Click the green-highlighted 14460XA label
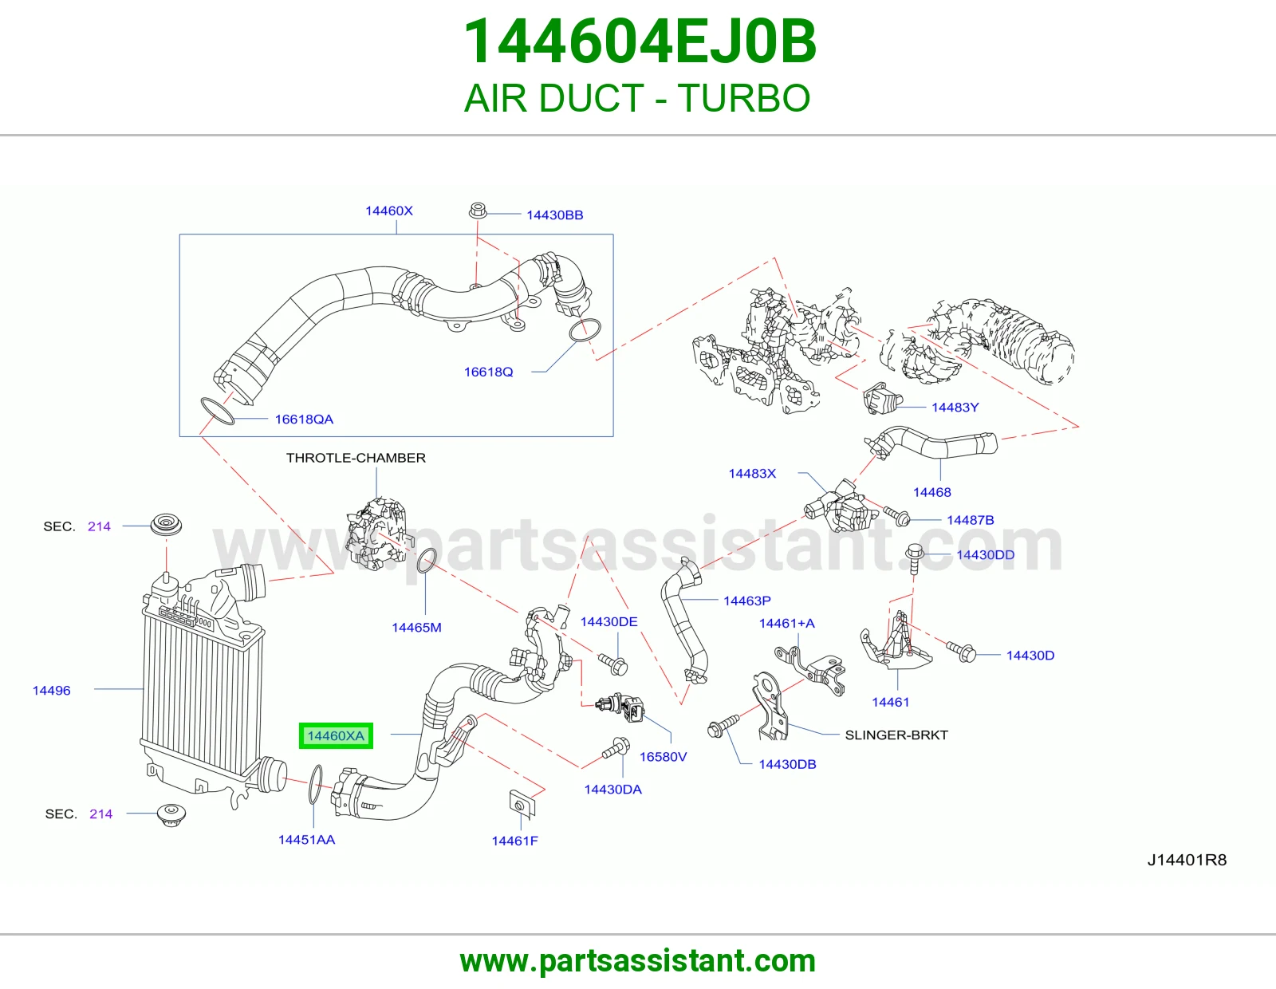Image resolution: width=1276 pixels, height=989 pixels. tap(336, 736)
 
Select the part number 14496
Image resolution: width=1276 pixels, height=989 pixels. tap(52, 691)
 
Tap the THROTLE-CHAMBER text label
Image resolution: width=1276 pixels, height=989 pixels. tap(356, 458)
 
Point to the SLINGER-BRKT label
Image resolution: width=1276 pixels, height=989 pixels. tap(896, 735)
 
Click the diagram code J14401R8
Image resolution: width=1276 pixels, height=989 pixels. tap(1187, 860)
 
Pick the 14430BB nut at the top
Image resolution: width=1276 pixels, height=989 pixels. tap(478, 211)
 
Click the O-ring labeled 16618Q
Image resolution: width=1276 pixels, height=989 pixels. tap(585, 330)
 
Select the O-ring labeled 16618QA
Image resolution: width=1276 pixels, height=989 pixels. tap(217, 411)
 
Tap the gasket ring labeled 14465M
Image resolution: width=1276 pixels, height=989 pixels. tap(427, 561)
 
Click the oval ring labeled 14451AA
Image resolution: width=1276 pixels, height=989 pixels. tap(315, 784)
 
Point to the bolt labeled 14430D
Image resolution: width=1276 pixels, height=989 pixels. tap(961, 652)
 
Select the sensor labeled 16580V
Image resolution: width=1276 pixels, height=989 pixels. tap(620, 707)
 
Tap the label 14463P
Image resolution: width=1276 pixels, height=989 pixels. tap(747, 601)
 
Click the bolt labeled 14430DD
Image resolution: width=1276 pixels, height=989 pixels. tap(915, 558)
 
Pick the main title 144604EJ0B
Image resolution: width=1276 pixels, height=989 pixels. tap(640, 41)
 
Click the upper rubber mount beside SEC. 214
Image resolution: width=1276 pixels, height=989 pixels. tap(166, 524)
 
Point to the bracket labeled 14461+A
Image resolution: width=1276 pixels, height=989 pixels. tap(810, 669)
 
